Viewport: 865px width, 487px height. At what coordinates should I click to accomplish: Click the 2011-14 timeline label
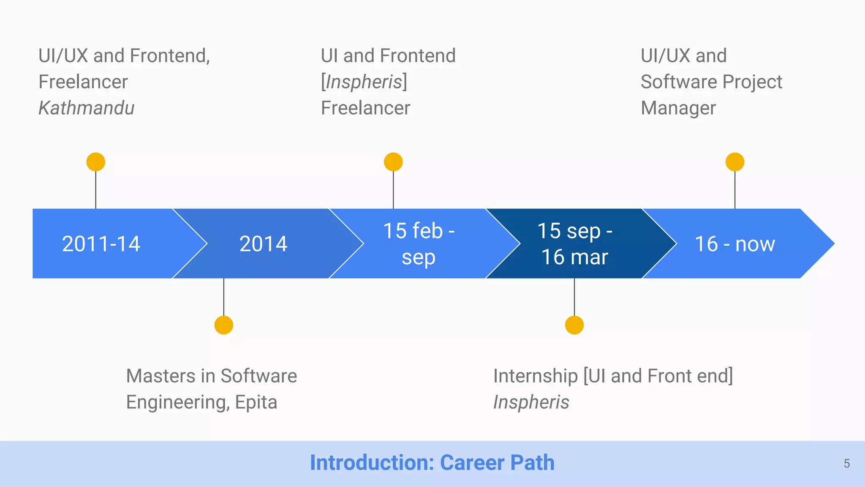[101, 244]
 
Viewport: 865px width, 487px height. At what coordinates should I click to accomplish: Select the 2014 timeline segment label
[263, 244]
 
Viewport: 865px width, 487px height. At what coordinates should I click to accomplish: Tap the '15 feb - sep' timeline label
[419, 244]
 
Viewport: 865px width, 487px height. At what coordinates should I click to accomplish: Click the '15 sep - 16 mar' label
[575, 244]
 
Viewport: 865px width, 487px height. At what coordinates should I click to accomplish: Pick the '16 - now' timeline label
[735, 244]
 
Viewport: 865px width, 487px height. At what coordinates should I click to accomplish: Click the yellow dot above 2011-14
[96, 162]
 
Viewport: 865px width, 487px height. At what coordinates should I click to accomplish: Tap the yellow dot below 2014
[224, 325]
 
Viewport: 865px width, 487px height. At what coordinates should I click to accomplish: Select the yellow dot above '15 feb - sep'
[393, 162]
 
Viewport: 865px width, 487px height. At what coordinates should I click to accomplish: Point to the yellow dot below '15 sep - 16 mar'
[574, 325]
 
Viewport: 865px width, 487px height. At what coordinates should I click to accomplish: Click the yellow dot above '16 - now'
[735, 162]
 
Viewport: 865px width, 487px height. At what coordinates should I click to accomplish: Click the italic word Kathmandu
[87, 108]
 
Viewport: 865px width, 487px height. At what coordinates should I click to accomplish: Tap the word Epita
[256, 402]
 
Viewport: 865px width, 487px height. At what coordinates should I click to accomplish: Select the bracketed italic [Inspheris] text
[364, 82]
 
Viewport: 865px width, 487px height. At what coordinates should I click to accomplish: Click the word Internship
[535, 376]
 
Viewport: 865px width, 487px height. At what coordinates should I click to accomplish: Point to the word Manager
[678, 108]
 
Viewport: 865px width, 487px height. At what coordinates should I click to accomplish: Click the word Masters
[160, 376]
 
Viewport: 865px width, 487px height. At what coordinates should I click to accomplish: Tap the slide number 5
[846, 464]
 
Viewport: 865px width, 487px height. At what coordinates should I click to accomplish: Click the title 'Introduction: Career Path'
[432, 462]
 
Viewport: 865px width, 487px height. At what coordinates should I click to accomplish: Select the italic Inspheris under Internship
[531, 402]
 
